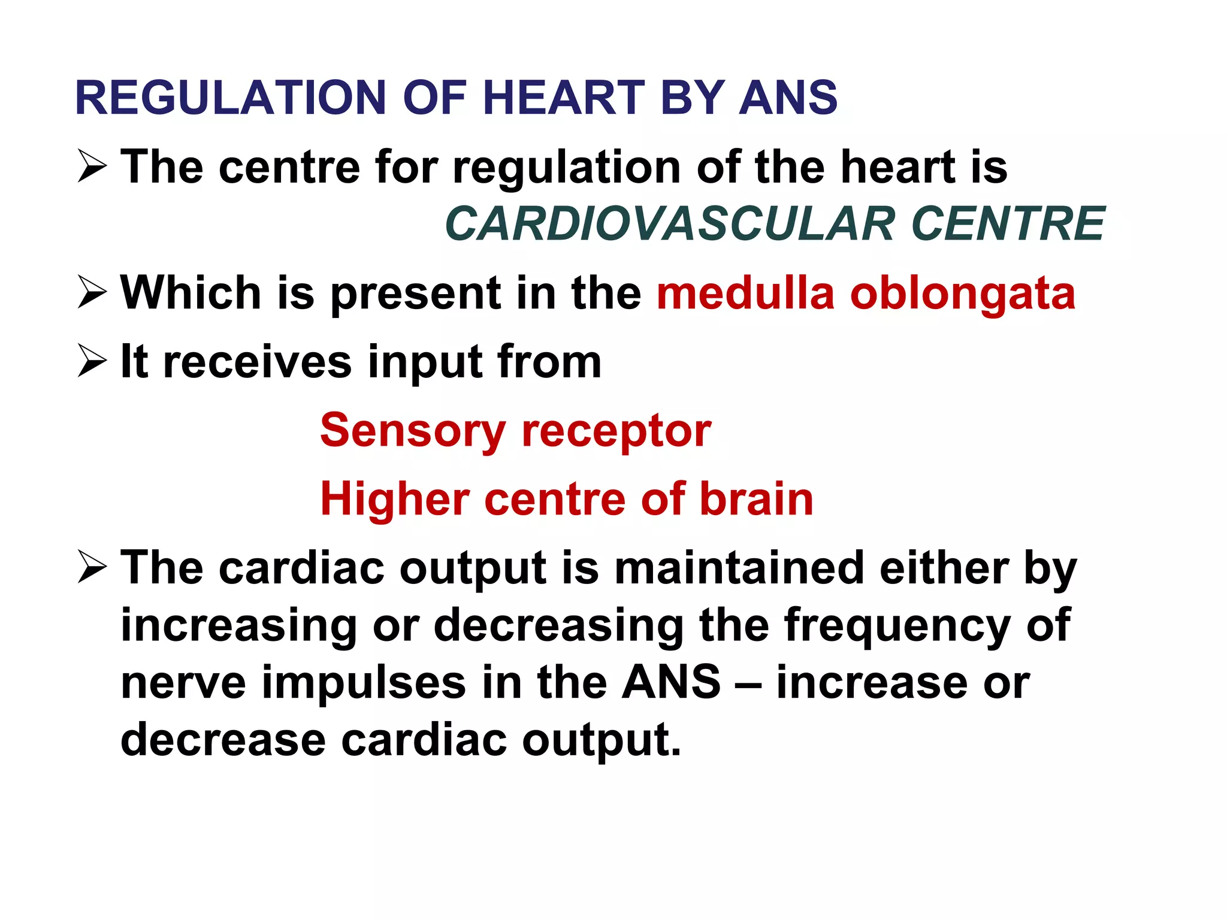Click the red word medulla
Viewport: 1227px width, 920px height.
click(745, 293)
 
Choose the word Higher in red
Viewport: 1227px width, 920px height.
click(395, 500)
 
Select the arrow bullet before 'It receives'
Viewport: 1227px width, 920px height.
click(92, 361)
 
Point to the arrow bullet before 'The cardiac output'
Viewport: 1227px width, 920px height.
click(92, 567)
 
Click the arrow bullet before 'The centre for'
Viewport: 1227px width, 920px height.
click(92, 167)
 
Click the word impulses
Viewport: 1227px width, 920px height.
click(364, 683)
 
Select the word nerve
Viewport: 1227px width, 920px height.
click(183, 683)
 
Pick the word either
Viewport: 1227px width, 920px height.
click(944, 567)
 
